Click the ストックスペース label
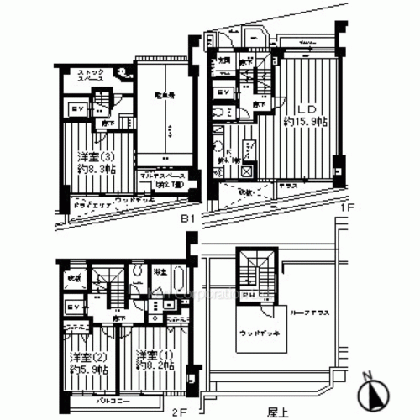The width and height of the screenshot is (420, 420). click(90, 76)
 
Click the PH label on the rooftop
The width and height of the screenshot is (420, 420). click(249, 296)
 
